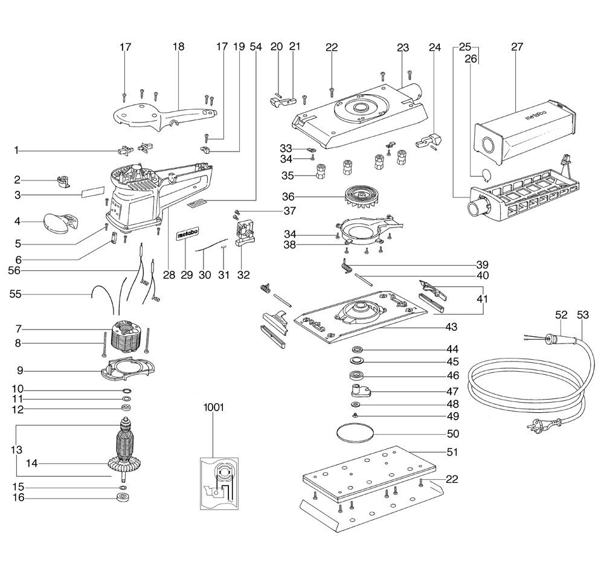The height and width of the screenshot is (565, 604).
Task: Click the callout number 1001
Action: click(x=213, y=407)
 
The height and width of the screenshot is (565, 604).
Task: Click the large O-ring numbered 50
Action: click(x=355, y=433)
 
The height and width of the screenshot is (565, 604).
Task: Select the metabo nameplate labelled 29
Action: click(x=187, y=235)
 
